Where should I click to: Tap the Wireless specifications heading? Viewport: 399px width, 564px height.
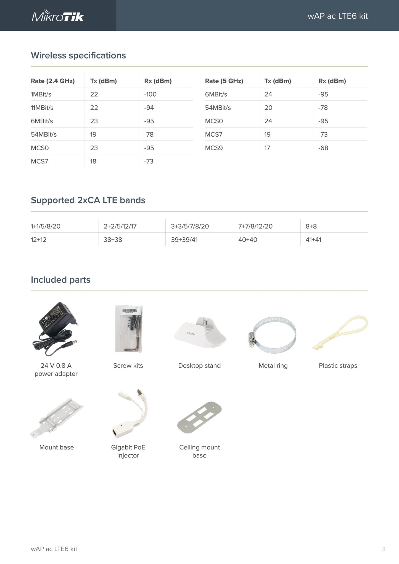pos(78,55)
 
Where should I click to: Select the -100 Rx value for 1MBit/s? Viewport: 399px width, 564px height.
pos(150,94)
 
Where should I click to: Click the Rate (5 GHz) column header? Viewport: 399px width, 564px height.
pos(224,81)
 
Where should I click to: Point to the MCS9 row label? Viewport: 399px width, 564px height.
pos(214,148)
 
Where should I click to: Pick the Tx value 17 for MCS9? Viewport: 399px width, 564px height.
pos(267,148)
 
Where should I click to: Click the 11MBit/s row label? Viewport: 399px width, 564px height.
pos(42,108)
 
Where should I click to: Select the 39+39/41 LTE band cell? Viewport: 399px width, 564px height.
pos(184,240)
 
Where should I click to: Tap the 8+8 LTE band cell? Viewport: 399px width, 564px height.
pos(311,226)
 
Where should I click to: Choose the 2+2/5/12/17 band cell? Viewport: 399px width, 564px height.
pos(120,226)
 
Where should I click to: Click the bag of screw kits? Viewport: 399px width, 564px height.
pos(129,329)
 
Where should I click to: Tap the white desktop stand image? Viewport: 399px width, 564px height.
pos(200,333)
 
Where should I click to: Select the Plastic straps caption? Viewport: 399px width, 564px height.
pos(338,366)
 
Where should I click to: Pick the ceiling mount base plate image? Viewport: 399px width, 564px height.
pos(199,417)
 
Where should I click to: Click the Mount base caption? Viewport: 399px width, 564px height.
pos(57,448)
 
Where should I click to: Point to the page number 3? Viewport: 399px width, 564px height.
pos(383,549)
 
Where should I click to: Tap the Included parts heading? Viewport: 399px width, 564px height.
pos(60,280)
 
